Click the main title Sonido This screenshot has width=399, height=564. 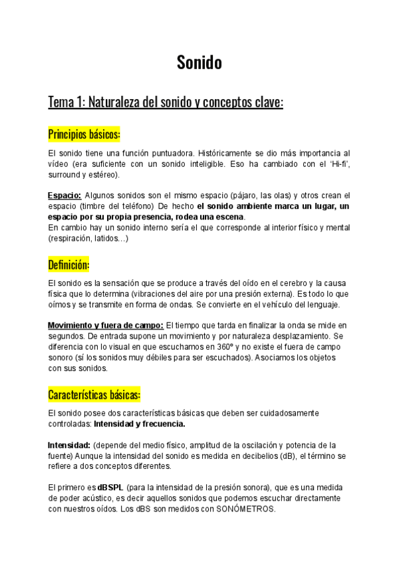(199, 63)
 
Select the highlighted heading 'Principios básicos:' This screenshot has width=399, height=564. (84, 135)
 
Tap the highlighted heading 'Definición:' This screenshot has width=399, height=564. (68, 265)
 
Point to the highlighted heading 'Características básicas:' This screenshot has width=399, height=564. (94, 395)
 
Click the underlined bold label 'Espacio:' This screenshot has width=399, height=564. (65, 195)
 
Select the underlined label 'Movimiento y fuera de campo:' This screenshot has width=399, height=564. (105, 325)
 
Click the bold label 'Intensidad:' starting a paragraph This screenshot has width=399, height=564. (69, 444)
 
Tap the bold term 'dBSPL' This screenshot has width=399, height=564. (110, 488)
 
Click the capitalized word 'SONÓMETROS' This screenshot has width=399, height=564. (245, 509)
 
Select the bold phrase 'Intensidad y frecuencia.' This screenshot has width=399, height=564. (140, 423)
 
